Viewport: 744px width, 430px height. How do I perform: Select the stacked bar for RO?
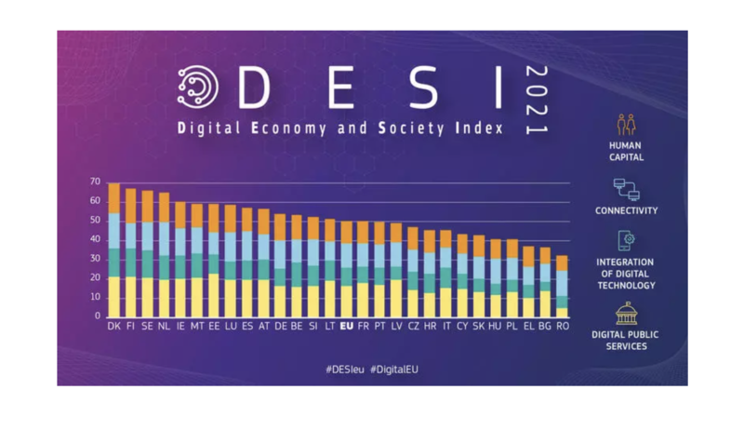coord(562,286)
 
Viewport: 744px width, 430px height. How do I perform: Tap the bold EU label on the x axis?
coord(347,327)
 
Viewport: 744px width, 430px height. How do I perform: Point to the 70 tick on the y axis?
coord(95,181)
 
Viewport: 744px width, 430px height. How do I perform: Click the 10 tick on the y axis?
coord(95,297)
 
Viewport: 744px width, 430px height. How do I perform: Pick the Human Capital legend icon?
coord(626,125)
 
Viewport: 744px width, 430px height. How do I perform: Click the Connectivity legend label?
coord(626,211)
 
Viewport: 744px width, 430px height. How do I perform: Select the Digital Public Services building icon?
coord(626,314)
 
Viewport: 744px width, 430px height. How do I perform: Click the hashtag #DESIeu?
coord(344,370)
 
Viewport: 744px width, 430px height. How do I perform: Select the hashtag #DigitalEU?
coord(394,370)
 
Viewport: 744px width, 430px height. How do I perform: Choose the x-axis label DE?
coord(279,327)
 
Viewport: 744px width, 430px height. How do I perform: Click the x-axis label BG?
coord(545,327)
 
